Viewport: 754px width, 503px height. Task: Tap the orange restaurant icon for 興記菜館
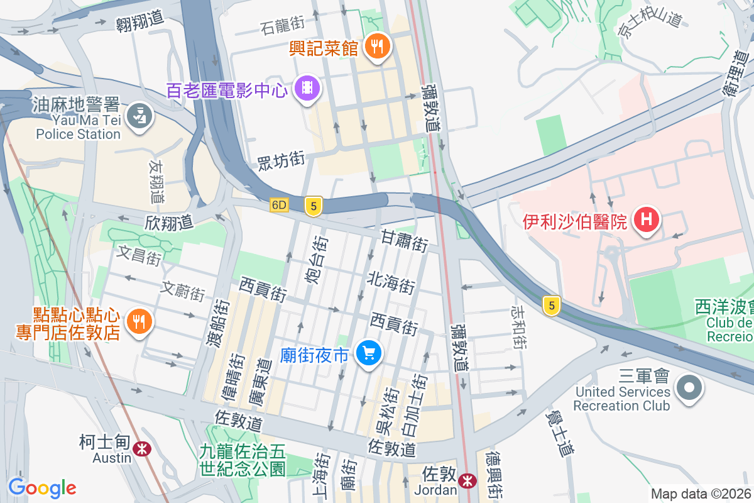[377, 46]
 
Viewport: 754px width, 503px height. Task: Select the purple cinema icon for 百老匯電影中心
[307, 87]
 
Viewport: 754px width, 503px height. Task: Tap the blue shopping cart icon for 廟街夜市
[368, 353]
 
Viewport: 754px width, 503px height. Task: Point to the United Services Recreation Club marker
[690, 386]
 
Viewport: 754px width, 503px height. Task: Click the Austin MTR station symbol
[141, 448]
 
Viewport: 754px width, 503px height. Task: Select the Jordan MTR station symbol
[467, 481]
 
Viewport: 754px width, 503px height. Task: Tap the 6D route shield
[279, 205]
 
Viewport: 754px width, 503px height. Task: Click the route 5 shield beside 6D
[313, 206]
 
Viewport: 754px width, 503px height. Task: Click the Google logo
[42, 487]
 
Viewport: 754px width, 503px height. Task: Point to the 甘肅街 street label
[405, 240]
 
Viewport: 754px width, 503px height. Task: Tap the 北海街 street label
[391, 283]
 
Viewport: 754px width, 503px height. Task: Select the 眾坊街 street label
[281, 161]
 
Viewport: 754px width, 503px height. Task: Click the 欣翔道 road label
[168, 222]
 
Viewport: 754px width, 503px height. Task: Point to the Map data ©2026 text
[701, 494]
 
